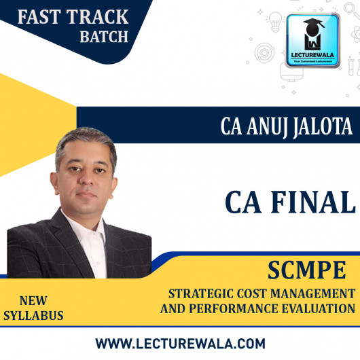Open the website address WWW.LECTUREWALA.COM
tap(180, 344)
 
